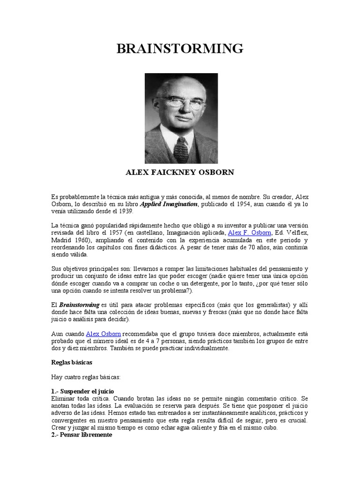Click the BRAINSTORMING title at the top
[180, 48]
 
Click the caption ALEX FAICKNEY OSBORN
[180, 172]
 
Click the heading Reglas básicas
[71, 362]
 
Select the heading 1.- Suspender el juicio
[82, 391]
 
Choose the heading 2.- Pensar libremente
[81, 435]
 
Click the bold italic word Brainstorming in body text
[78, 305]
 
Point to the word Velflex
[295, 232]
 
